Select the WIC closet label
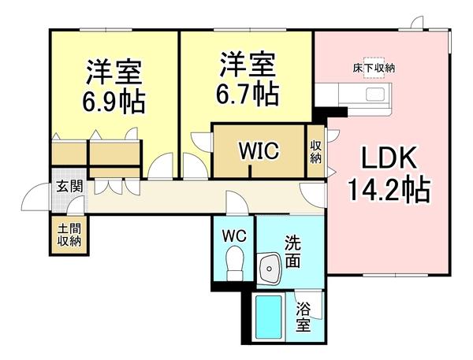pos(259,150)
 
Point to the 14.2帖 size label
pos(388,190)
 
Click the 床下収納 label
pos(374,69)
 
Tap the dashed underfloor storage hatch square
pos(372,64)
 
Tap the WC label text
pos(235,236)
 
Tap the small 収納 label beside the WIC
pos(315,151)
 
